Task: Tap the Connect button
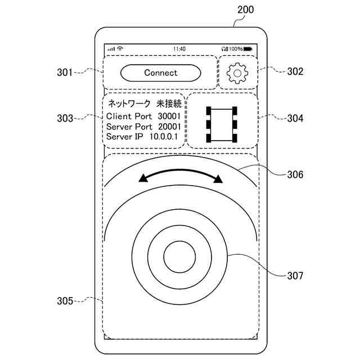[x=160, y=73]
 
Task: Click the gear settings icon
[x=237, y=73]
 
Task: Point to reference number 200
[x=245, y=10]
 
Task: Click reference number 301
[x=65, y=72]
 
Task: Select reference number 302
[x=295, y=71]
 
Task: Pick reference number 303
[x=65, y=119]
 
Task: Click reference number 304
[x=295, y=119]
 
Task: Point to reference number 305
[x=65, y=301]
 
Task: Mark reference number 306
[x=295, y=174]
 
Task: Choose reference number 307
[x=295, y=276]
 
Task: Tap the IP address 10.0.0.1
[x=164, y=137]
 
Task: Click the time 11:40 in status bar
[x=179, y=49]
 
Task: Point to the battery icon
[x=248, y=49]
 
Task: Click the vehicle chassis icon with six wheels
[x=222, y=124]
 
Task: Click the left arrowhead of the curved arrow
[x=143, y=178]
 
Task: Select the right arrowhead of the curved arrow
[x=218, y=179]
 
